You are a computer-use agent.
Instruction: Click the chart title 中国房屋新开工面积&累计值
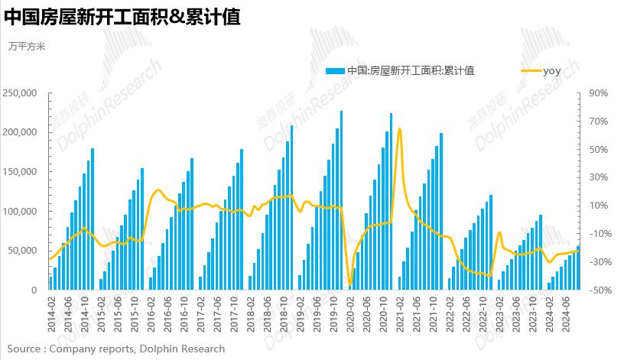[122, 17]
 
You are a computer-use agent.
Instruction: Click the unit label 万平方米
[27, 47]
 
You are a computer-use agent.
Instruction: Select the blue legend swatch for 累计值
[335, 70]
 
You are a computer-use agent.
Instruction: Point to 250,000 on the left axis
[21, 93]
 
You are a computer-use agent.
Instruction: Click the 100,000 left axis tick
[21, 212]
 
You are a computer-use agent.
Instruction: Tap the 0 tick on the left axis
[34, 290]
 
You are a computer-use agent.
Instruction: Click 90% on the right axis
[598, 93]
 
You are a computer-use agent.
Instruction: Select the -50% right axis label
[596, 290]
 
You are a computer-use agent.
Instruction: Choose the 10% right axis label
[598, 206]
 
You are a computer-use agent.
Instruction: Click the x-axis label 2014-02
[51, 316]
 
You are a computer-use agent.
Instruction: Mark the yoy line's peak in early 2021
[400, 129]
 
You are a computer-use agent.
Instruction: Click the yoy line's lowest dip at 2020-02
[350, 284]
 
